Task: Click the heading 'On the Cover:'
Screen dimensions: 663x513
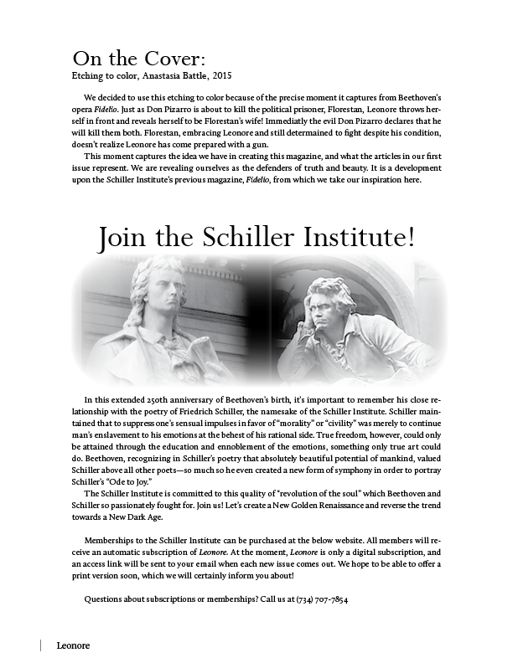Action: pyautogui.click(x=138, y=59)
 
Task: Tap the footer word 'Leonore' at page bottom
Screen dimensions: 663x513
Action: pyautogui.click(x=73, y=645)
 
